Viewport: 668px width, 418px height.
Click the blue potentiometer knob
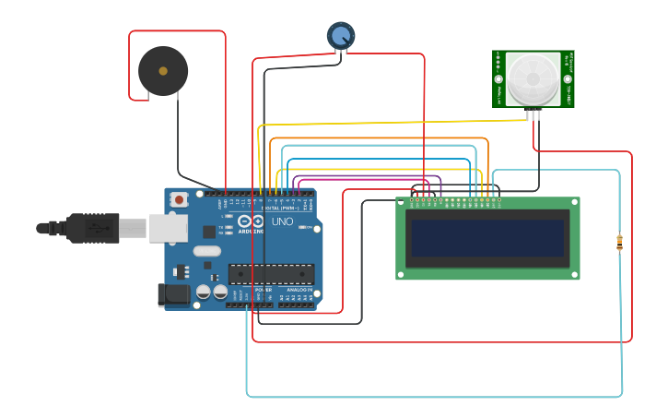point(340,36)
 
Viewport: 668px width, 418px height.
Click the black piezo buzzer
point(163,71)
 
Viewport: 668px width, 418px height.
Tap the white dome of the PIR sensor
point(533,78)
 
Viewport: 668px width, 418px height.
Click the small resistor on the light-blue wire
point(619,243)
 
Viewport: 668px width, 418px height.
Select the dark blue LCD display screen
point(487,238)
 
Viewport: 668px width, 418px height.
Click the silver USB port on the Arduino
point(169,228)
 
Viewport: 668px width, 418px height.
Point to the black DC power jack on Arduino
point(173,295)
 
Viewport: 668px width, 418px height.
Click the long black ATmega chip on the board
point(271,274)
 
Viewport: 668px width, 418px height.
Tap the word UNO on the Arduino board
point(282,221)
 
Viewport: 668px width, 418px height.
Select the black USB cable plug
point(92,227)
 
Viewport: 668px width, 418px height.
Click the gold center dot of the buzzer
point(163,71)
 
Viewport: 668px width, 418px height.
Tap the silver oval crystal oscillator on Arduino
point(207,251)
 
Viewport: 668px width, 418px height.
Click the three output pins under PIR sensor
point(533,114)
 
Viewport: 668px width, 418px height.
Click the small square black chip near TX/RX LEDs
point(209,232)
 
